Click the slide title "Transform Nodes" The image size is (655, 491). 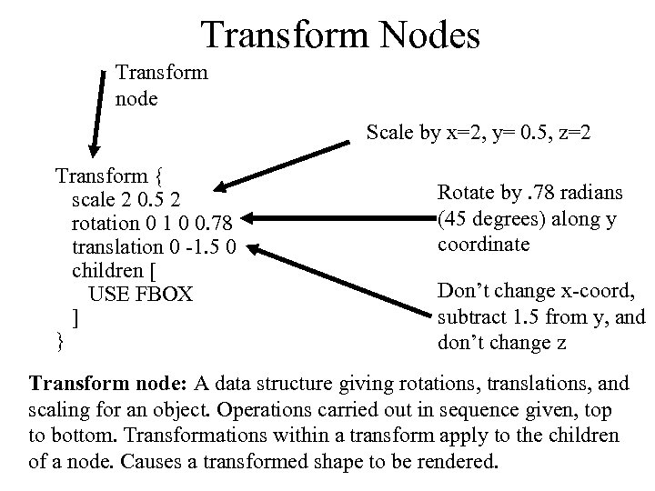[x=340, y=35]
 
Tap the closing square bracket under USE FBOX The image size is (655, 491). [x=76, y=317]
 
